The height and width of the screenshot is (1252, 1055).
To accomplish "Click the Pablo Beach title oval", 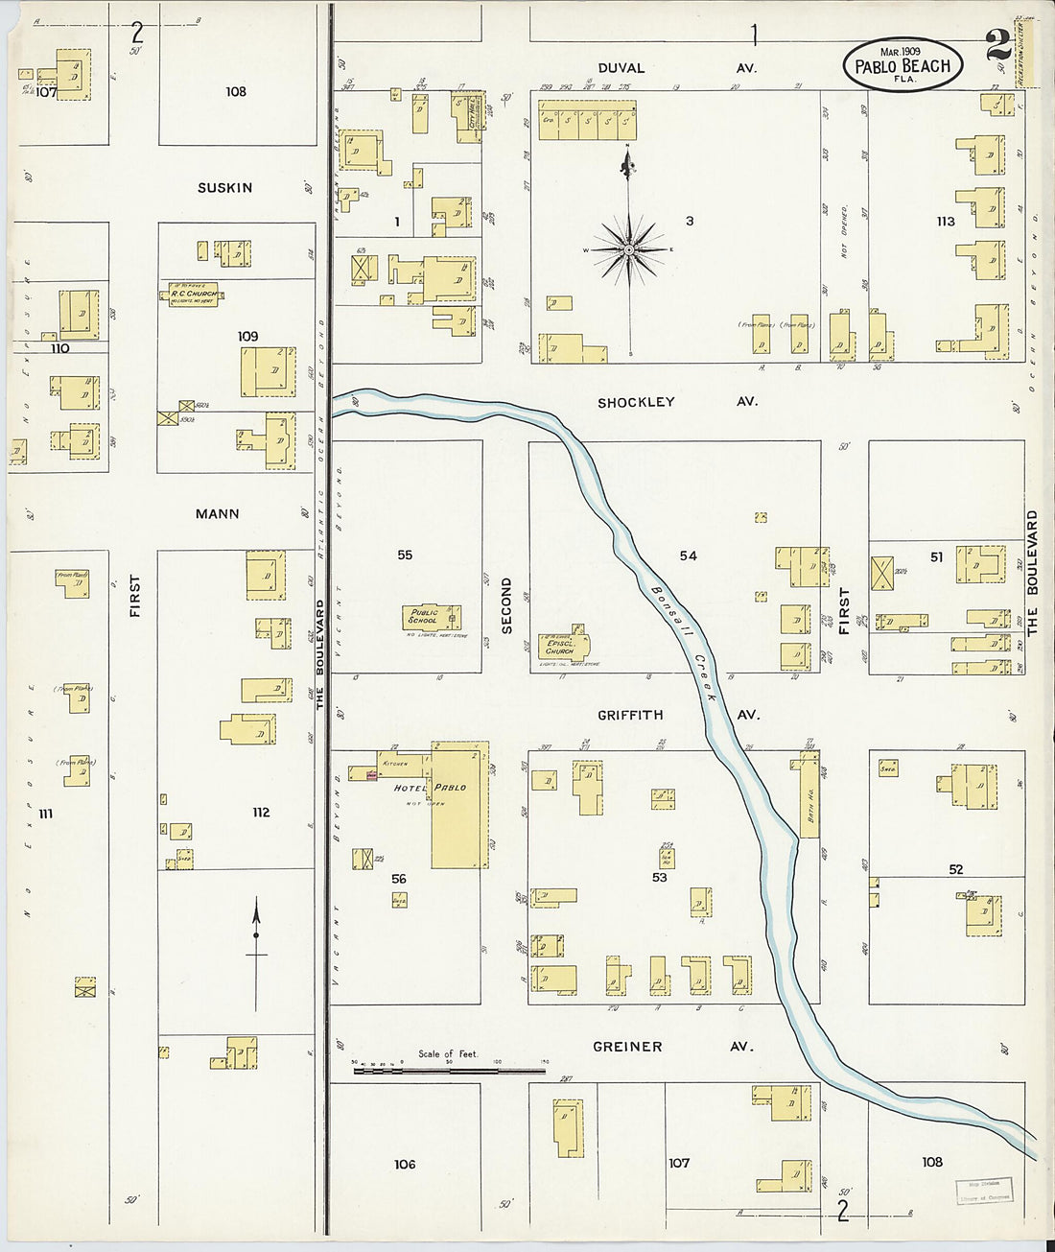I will click(x=902, y=64).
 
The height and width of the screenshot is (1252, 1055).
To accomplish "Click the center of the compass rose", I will click(x=629, y=249).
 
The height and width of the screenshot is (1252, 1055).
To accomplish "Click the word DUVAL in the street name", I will click(x=621, y=68).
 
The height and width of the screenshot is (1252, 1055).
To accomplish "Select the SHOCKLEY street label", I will click(x=636, y=402).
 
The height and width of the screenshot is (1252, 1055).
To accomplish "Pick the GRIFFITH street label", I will click(x=630, y=715).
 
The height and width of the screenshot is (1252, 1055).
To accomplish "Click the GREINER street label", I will click(x=626, y=1047).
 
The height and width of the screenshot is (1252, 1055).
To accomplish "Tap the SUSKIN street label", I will click(x=224, y=188).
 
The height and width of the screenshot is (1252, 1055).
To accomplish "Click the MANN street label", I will click(x=217, y=514).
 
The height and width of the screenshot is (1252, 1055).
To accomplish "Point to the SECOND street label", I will click(x=506, y=605).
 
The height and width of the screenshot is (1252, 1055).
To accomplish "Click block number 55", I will click(x=405, y=555).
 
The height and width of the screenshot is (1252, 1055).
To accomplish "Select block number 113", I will click(x=946, y=222).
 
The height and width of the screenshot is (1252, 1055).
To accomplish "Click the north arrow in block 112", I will click(x=256, y=955).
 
